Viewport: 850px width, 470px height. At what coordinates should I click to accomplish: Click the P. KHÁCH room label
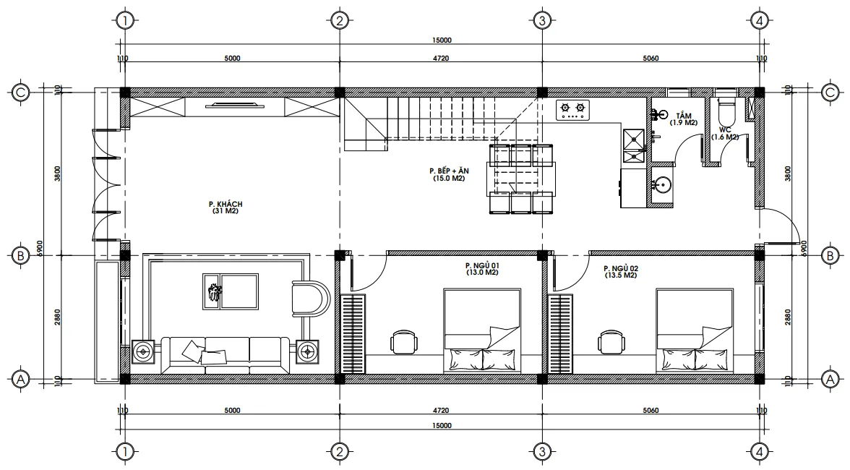[225, 208]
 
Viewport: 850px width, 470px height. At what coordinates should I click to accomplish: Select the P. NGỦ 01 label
[482, 270]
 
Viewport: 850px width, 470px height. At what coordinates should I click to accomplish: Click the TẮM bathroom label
[684, 119]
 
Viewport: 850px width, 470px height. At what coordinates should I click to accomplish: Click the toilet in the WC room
[726, 111]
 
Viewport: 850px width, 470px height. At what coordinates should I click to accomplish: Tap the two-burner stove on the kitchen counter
[572, 110]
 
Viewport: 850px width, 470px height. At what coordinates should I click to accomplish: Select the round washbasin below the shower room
[662, 186]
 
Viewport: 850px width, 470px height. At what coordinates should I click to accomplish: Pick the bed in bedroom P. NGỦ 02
[695, 330]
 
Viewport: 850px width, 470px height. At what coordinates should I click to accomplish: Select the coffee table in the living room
[231, 291]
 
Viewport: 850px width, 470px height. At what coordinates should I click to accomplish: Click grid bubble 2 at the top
[338, 20]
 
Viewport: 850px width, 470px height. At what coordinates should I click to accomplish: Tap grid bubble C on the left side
[20, 93]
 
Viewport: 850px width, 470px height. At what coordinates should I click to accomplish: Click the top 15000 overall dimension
[442, 40]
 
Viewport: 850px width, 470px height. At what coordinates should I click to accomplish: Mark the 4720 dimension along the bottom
[440, 411]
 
